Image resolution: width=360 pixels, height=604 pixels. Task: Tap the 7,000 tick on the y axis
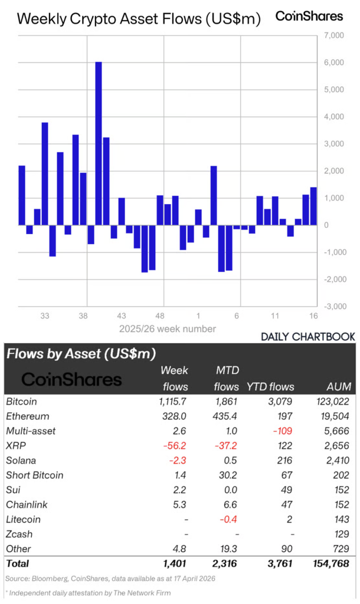coord(334,35)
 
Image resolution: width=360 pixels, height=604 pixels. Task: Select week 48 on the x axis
coord(160,316)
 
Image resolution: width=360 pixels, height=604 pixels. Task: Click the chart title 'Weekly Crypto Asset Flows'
coord(139,19)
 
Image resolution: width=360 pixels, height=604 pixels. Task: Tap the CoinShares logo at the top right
coord(309,17)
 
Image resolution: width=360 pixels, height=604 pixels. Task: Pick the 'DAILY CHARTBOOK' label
coord(307,337)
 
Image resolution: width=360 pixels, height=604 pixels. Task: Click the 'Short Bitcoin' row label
coord(35,475)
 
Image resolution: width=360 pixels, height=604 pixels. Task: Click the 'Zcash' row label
coord(19,534)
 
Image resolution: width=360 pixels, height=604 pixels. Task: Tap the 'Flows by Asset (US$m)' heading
coord(81,354)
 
